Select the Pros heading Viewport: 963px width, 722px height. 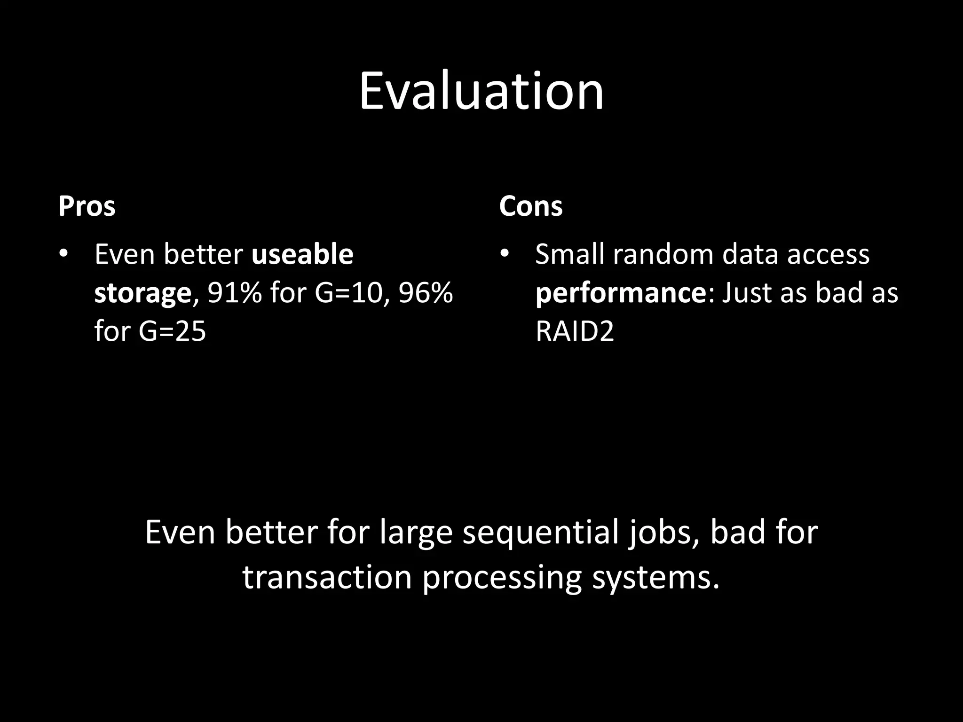[x=87, y=206]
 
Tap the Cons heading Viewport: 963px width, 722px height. [x=530, y=206]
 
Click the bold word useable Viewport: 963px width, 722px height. [x=302, y=254]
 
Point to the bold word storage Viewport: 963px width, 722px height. [x=142, y=293]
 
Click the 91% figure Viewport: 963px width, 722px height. [x=234, y=293]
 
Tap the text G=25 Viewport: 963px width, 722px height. [x=172, y=331]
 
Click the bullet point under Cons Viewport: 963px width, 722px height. [x=505, y=254]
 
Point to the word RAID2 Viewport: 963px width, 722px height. [x=575, y=331]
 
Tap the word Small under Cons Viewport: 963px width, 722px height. [x=569, y=254]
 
